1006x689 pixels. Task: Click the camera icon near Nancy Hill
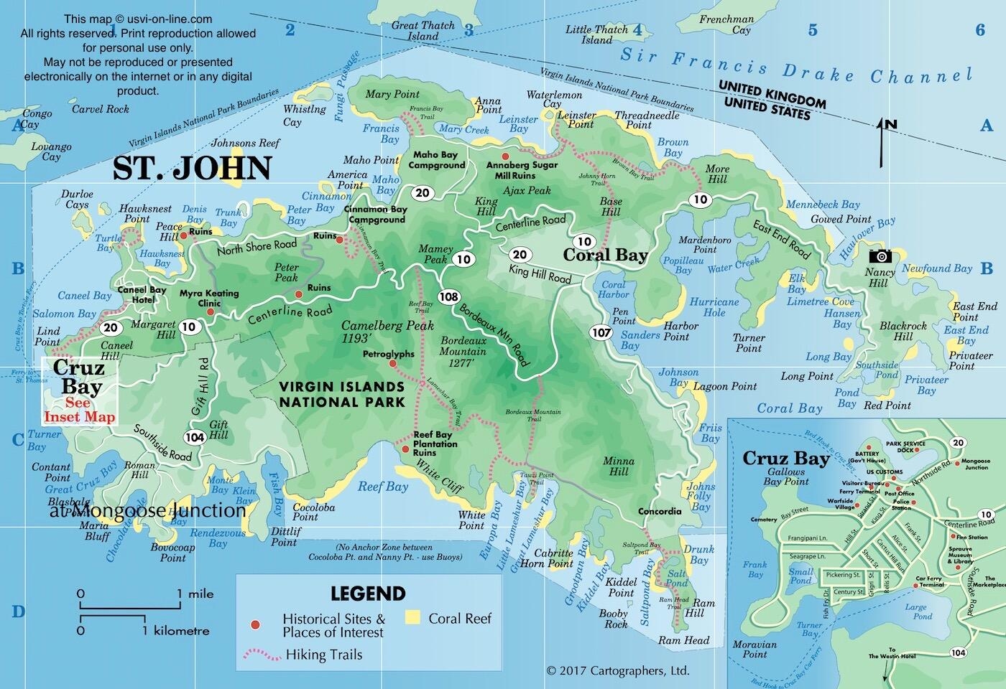[880, 256]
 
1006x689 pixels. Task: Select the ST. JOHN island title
[193, 168]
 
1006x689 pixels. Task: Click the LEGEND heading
[368, 594]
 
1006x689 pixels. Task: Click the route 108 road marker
[449, 296]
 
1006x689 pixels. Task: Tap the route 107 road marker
[601, 332]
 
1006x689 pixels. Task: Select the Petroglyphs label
[388, 354]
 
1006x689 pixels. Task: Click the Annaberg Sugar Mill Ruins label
[522, 170]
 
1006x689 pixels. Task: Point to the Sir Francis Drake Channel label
[796, 68]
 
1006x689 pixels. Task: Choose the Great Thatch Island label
[423, 31]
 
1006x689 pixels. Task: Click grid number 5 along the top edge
[813, 29]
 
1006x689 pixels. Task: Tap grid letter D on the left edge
[18, 611]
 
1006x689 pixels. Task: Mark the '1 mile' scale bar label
[195, 594]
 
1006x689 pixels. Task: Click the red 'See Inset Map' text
[80, 410]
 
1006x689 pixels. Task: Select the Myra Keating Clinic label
[208, 298]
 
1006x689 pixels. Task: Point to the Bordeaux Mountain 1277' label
[463, 352]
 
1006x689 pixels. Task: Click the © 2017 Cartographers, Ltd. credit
[617, 671]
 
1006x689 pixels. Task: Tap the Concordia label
[660, 512]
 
